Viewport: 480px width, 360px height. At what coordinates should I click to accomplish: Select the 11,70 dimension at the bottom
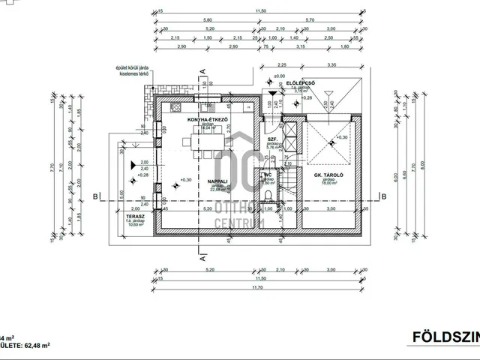(x=261, y=287)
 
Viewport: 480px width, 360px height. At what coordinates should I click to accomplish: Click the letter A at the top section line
(x=204, y=73)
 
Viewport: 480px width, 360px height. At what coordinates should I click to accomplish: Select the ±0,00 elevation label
(x=279, y=76)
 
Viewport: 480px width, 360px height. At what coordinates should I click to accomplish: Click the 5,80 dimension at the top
(x=207, y=21)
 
